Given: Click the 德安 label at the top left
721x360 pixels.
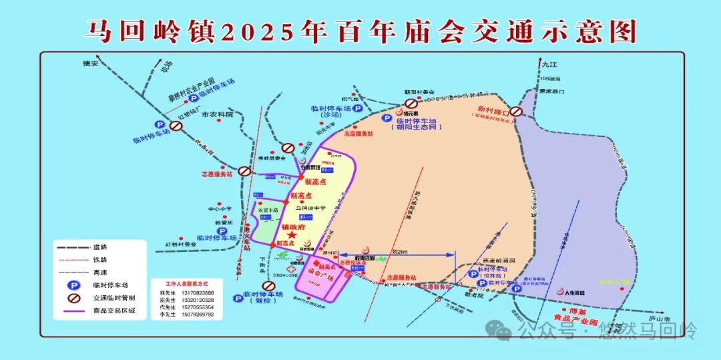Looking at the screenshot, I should tap(90, 63).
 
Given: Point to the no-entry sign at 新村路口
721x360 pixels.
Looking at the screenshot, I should tap(516, 112).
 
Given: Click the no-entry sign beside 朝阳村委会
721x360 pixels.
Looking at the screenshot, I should tap(412, 104).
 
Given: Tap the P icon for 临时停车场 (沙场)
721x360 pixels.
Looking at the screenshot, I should tap(357, 108).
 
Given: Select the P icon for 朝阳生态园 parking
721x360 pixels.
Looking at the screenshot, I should tap(387, 118).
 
